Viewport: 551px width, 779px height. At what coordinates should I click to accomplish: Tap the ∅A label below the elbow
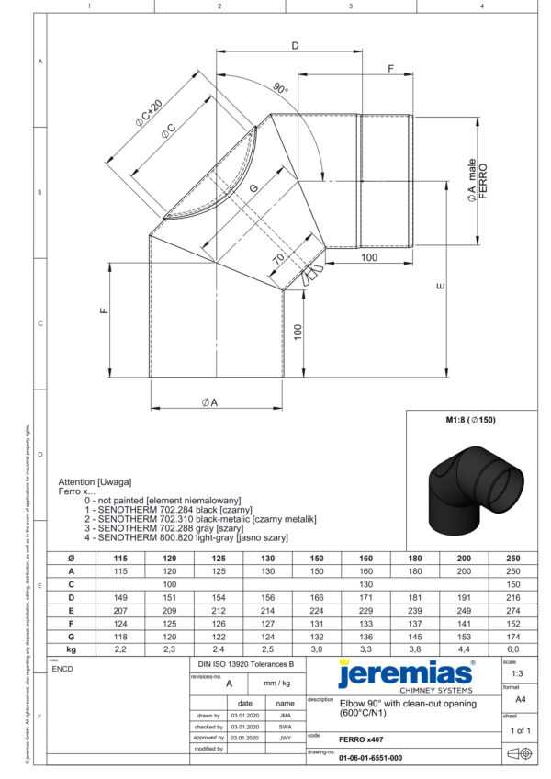(210, 402)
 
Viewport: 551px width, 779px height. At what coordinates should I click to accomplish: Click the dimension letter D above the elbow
(295, 45)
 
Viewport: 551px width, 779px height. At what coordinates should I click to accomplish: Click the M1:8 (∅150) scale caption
(470, 421)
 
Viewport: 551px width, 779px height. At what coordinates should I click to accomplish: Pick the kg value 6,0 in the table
(512, 649)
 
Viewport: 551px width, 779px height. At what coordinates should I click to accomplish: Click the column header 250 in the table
(512, 559)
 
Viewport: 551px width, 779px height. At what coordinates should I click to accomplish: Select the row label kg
(72, 649)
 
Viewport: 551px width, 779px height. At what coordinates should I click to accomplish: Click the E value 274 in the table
(512, 610)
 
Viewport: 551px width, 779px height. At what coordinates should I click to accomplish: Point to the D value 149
(118, 597)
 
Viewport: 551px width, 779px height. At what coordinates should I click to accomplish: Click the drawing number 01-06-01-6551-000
(370, 758)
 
